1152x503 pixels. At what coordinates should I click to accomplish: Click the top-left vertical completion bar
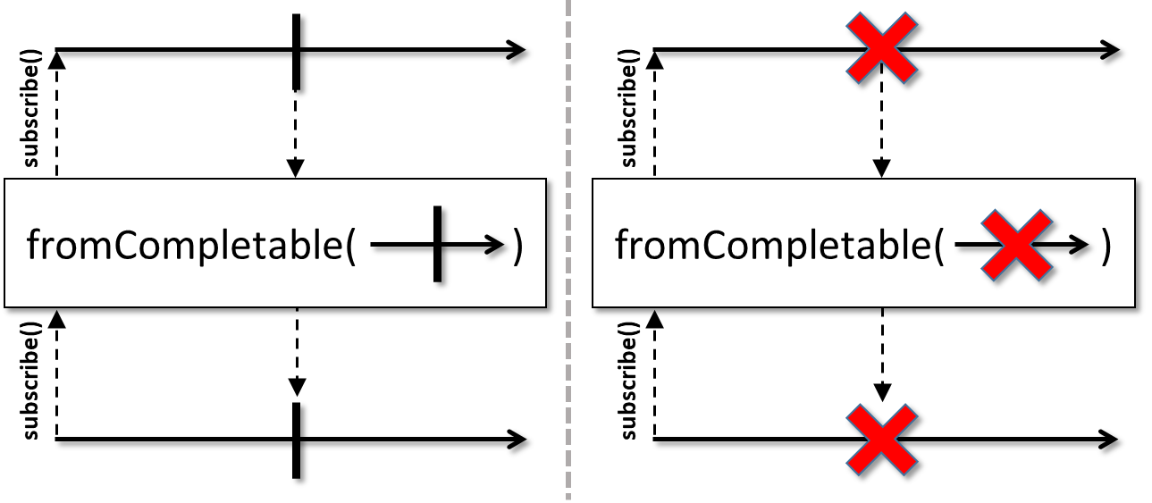click(x=296, y=52)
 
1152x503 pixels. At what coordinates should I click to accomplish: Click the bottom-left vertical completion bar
click(x=296, y=440)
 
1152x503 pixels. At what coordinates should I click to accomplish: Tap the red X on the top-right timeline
click(x=882, y=48)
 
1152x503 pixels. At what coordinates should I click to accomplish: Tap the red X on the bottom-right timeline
click(x=882, y=440)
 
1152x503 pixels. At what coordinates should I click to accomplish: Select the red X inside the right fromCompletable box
click(x=1017, y=246)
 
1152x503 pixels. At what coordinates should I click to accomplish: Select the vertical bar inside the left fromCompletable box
click(x=437, y=244)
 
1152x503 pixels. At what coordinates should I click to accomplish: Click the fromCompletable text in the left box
click(x=190, y=246)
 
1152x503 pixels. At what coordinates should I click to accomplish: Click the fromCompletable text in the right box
click(x=779, y=246)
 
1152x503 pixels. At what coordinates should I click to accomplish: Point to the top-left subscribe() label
click(x=31, y=108)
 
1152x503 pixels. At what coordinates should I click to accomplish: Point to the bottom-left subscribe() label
click(x=31, y=381)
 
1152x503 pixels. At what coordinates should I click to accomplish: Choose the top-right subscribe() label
click(x=628, y=108)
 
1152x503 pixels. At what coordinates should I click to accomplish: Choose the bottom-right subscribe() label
click(x=628, y=381)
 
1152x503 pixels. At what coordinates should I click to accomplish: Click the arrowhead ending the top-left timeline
click(x=517, y=50)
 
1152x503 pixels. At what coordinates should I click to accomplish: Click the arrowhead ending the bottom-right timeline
click(x=1109, y=440)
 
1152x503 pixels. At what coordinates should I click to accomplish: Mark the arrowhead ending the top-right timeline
click(x=1110, y=50)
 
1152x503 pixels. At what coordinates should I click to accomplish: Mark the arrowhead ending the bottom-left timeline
click(x=517, y=440)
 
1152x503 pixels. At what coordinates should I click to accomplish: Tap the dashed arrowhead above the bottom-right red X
click(x=882, y=392)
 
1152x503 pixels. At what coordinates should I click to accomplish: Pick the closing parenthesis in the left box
click(x=517, y=247)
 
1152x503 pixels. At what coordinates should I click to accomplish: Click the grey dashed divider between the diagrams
click(x=568, y=252)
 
